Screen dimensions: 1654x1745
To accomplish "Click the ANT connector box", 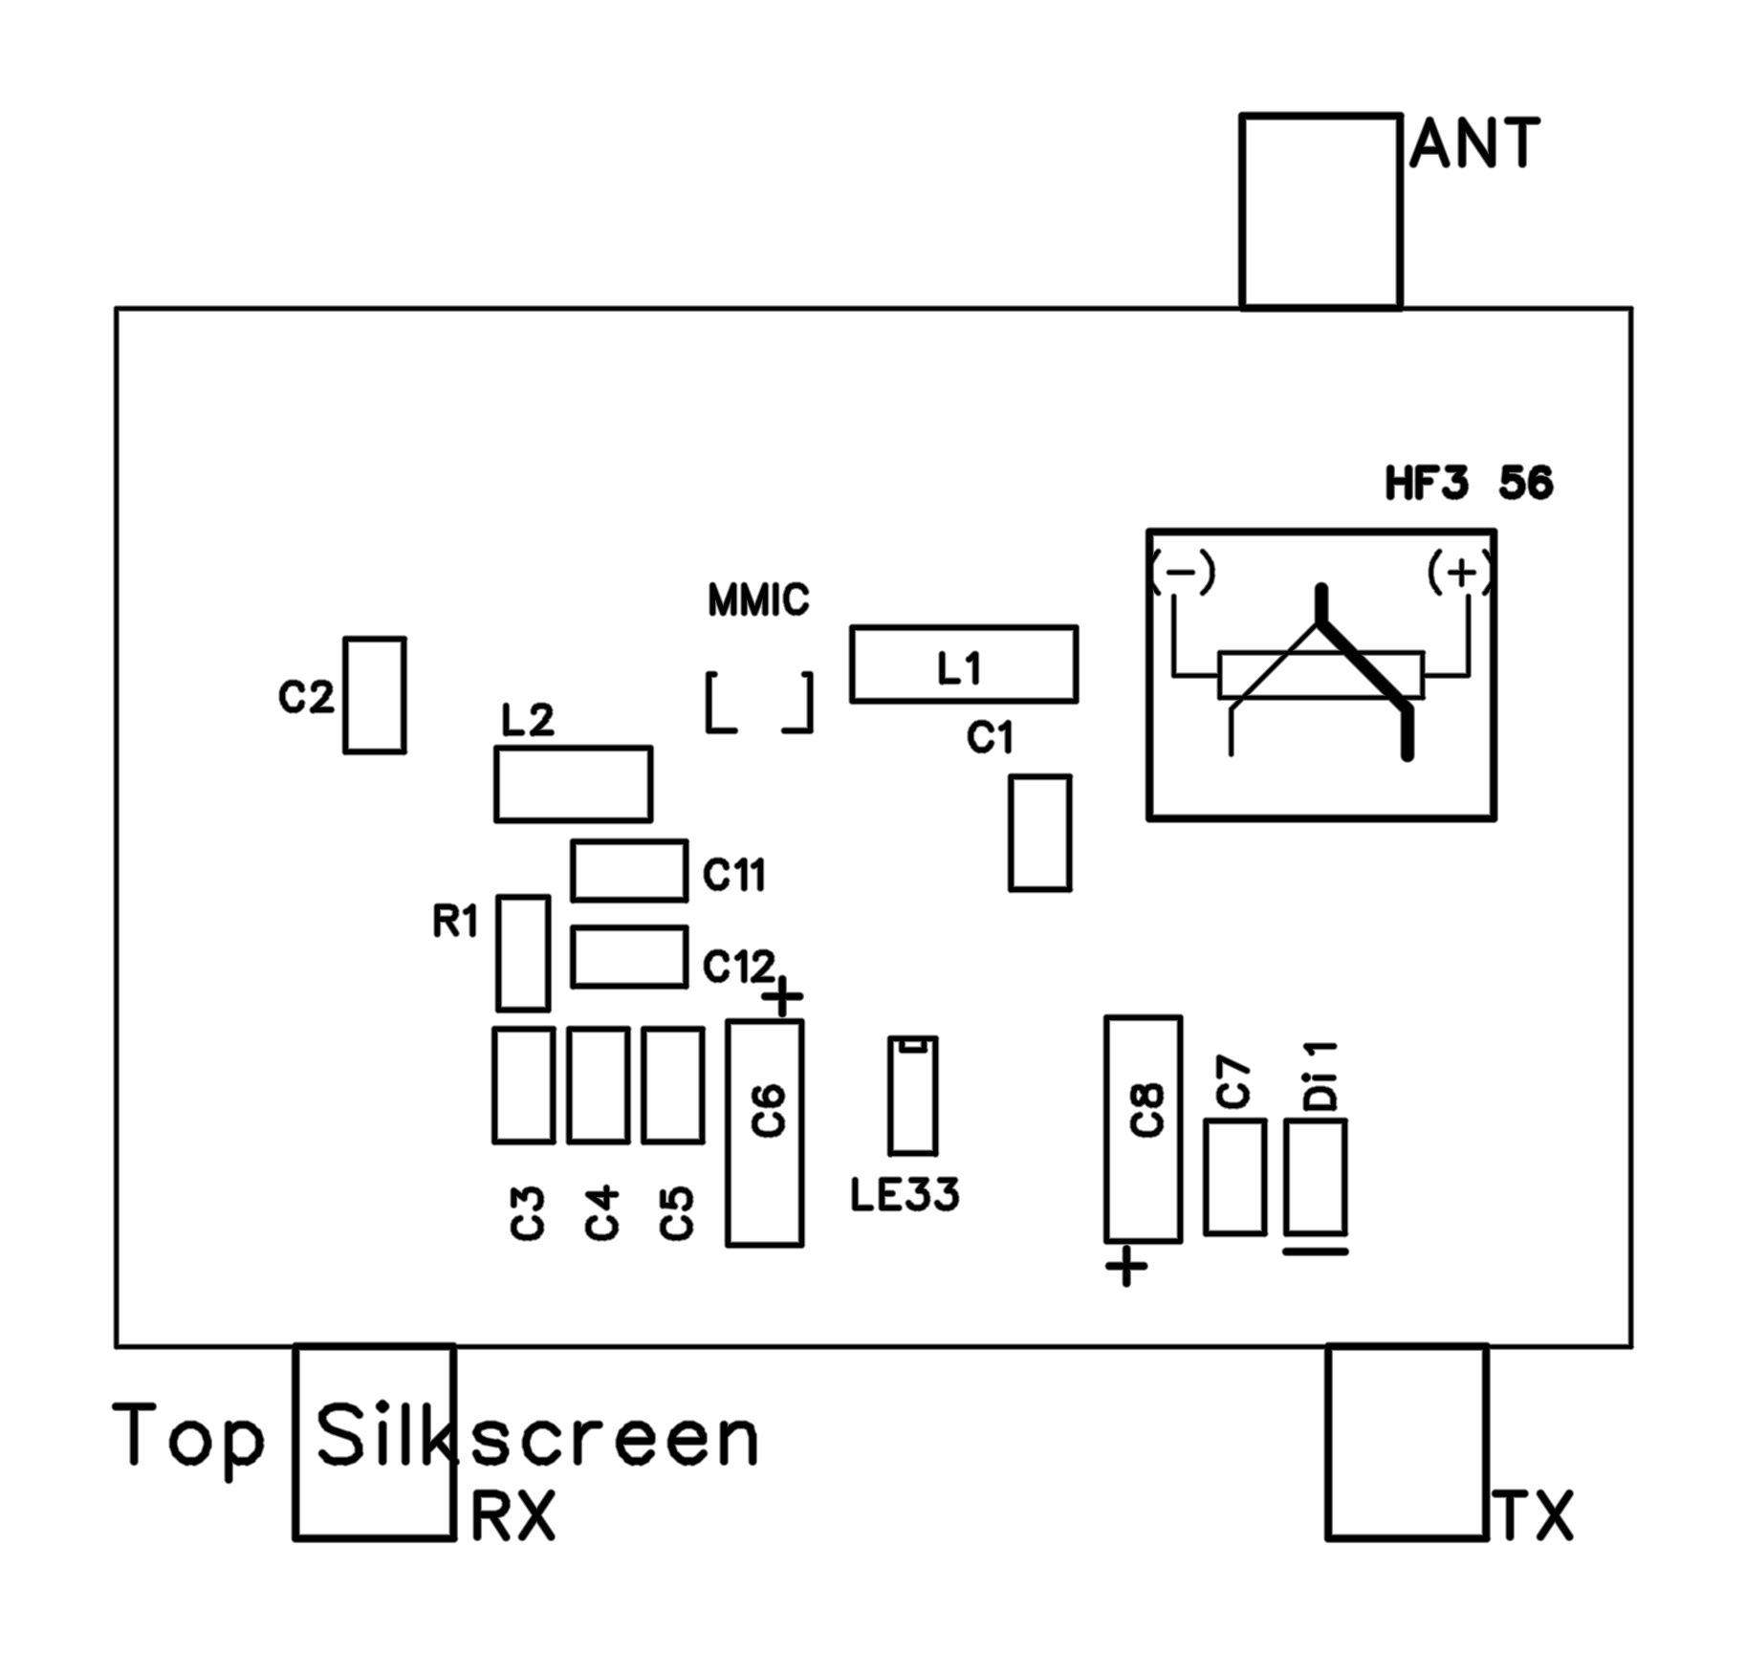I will point(1320,211).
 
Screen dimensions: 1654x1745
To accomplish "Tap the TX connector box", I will point(1406,1442).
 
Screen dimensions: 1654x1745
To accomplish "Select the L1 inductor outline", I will point(963,664).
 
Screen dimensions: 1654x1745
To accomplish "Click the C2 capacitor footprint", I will point(374,695).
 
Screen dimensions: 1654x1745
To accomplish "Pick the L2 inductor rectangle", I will point(573,784).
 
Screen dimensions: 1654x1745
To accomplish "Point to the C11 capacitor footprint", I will point(628,870).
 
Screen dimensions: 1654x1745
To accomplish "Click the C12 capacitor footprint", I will point(628,956).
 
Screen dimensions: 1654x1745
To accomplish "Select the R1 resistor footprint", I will point(523,952).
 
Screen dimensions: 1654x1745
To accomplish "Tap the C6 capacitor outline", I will point(764,1133).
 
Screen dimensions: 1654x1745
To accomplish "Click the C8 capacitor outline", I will point(1143,1129).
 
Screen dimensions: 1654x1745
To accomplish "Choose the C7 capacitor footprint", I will point(1234,1177).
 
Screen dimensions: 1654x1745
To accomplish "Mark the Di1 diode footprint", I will point(1315,1177).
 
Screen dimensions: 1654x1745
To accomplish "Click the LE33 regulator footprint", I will point(912,1096).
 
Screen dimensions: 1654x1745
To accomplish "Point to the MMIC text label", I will point(758,600).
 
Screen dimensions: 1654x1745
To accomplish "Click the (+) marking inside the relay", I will point(1459,573).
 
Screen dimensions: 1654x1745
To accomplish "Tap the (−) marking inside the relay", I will point(1183,573).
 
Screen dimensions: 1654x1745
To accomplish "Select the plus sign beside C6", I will point(783,996).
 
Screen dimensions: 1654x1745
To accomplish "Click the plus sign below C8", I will point(1125,1267).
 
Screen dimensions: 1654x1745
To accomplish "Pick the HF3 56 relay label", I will point(1469,483).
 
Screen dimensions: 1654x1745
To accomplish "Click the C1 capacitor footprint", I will point(1039,833).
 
